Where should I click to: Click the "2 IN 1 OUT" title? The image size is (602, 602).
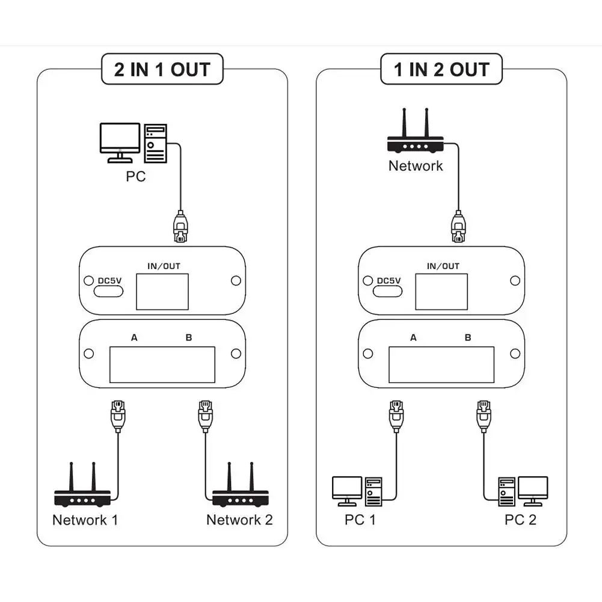162,70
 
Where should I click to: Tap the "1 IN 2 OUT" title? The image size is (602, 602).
441,70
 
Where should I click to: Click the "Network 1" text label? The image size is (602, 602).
85,520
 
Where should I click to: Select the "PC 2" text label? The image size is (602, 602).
520,520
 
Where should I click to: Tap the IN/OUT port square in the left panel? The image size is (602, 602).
162,292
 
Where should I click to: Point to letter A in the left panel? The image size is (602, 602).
134,338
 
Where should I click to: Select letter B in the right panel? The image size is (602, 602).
468,338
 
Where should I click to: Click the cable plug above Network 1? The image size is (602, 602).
117,414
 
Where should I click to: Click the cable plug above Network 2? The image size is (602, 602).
204,414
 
